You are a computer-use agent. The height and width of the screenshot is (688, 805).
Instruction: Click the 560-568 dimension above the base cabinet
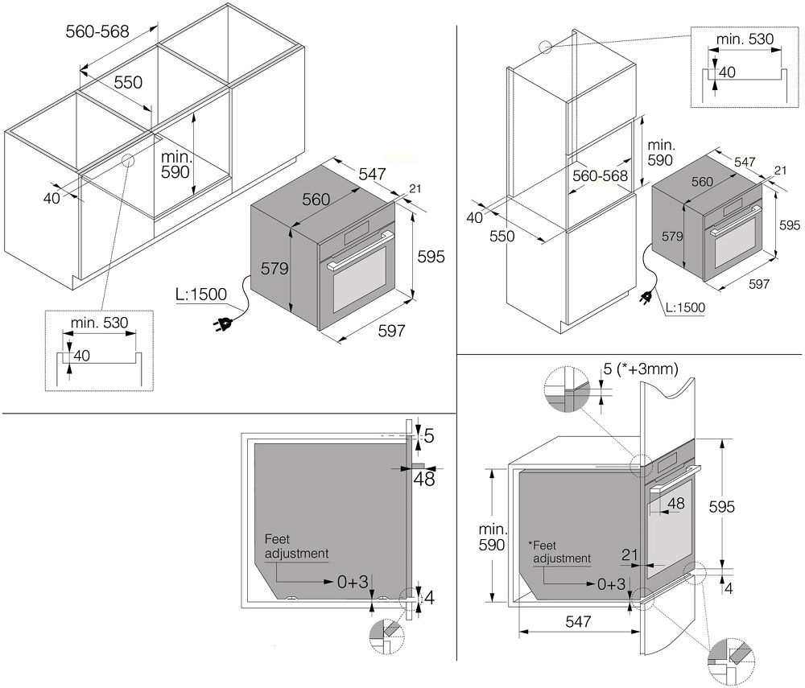(x=97, y=31)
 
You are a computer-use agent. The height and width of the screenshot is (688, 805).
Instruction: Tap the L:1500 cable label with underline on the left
(x=201, y=295)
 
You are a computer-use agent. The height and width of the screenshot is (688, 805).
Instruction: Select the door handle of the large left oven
(x=360, y=250)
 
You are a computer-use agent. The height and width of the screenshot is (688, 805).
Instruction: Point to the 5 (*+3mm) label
(x=640, y=369)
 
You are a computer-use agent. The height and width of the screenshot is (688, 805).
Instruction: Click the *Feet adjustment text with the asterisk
(x=559, y=552)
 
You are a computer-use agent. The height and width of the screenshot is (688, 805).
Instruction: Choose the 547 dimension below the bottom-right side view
(x=578, y=621)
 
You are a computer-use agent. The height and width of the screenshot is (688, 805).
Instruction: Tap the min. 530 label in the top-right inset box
(x=745, y=39)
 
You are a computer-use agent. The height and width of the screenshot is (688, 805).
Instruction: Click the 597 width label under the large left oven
(x=392, y=331)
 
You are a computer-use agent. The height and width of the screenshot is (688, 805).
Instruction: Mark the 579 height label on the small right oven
(x=672, y=236)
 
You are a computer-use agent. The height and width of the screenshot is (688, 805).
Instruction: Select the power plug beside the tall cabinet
(x=646, y=298)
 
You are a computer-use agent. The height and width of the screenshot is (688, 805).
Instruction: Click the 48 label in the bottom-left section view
(x=424, y=480)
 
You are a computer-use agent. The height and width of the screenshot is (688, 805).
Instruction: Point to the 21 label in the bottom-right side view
(x=630, y=554)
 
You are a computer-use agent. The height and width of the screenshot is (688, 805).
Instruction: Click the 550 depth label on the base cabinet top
(x=128, y=82)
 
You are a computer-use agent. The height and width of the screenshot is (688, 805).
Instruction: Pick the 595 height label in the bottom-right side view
(x=722, y=507)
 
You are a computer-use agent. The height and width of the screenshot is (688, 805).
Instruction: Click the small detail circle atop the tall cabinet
(x=545, y=47)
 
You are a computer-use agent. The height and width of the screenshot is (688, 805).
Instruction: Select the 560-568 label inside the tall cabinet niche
(x=601, y=176)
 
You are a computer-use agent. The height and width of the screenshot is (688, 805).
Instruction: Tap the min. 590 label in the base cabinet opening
(x=175, y=164)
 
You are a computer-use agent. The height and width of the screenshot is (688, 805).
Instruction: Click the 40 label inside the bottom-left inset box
(x=81, y=356)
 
